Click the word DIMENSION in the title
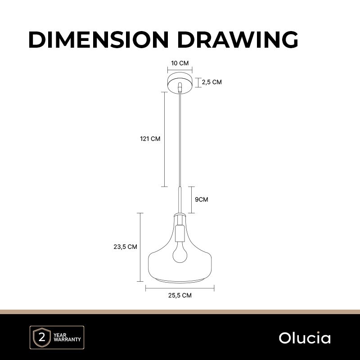pos(99,40)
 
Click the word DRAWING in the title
pos(238,40)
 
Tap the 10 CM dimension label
pos(180,63)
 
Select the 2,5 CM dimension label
pos(211,82)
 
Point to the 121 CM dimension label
pos(150,139)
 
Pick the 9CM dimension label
pos(201,199)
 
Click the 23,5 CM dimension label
pos(125,247)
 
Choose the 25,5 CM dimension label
pos(180,295)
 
